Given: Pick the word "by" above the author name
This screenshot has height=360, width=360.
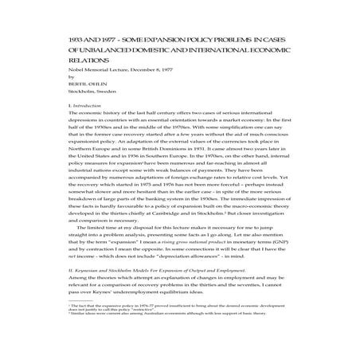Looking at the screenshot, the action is [x=52, y=78].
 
